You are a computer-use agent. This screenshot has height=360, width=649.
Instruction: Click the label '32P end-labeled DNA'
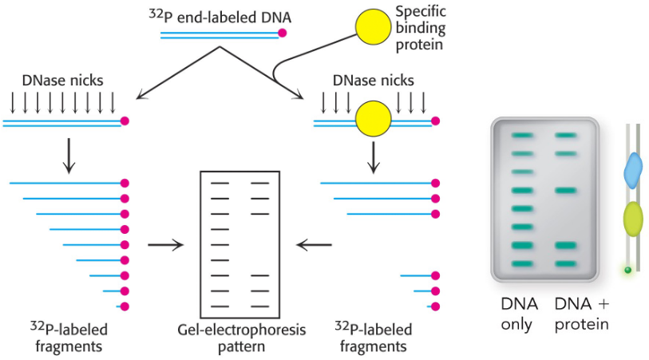218,15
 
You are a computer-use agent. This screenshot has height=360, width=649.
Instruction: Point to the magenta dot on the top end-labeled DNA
282,34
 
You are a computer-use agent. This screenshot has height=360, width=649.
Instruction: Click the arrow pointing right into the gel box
165,244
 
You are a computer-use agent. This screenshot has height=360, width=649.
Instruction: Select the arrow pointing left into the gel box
314,244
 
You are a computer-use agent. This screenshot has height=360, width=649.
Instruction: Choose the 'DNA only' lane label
520,314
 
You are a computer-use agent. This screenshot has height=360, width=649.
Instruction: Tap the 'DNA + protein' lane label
582,314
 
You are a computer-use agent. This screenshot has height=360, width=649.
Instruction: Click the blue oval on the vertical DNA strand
632,170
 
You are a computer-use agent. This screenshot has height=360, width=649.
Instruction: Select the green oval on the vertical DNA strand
632,217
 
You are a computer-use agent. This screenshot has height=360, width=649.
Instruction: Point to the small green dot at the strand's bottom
628,271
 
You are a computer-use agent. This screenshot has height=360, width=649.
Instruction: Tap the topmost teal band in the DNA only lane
520,136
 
